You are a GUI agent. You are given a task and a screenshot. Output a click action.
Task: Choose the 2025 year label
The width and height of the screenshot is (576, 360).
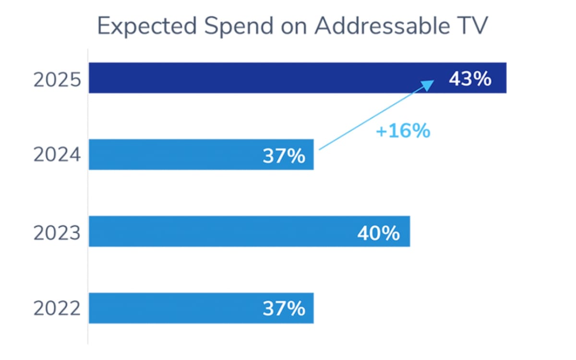click(x=57, y=80)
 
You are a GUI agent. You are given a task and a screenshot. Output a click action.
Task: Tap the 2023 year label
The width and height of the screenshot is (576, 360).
click(x=57, y=233)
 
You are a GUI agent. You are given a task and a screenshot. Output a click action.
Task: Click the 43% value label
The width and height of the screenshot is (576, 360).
click(x=470, y=79)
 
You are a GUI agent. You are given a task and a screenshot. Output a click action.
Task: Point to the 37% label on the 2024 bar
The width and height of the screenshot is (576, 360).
click(x=284, y=156)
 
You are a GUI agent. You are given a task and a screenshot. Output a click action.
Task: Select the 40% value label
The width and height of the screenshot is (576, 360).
click(x=378, y=233)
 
